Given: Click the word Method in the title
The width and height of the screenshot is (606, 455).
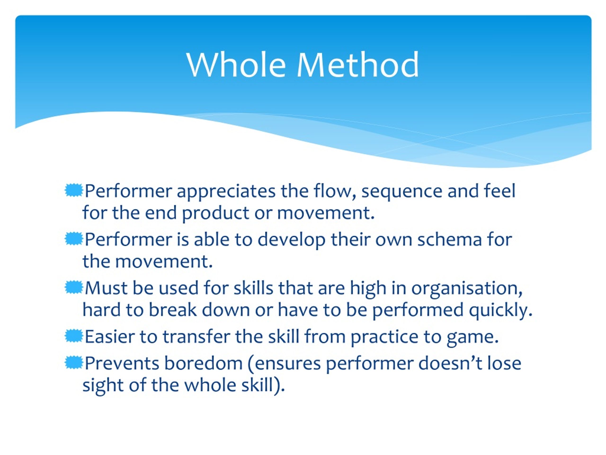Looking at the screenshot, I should (x=357, y=65).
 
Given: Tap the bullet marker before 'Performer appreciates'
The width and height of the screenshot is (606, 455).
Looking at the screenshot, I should (x=74, y=191).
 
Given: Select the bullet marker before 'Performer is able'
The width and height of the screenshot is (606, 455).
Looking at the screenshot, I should (x=74, y=239).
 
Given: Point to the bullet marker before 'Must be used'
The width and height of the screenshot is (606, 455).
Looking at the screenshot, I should (x=74, y=287).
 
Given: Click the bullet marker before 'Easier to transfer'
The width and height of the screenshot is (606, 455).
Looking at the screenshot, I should (x=74, y=336).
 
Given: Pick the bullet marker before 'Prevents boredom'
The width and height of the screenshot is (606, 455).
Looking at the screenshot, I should (x=74, y=363).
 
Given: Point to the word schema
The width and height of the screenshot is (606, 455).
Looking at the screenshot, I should (x=449, y=240).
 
